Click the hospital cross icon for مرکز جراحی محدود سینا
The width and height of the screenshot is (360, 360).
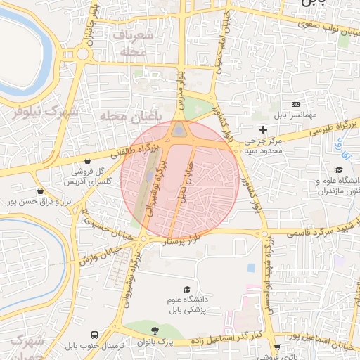pyautogui.click(x=264, y=129)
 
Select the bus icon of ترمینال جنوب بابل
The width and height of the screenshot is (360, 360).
pyautogui.click(x=95, y=335)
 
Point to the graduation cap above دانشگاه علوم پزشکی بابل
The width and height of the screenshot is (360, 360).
pyautogui.click(x=187, y=289)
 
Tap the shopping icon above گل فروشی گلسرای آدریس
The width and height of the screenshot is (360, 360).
pyautogui.click(x=86, y=160)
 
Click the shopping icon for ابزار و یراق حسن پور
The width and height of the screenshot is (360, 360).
pyautogui.click(x=40, y=191)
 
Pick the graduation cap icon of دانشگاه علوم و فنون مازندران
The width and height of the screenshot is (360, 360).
pyautogui.click(x=339, y=169)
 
